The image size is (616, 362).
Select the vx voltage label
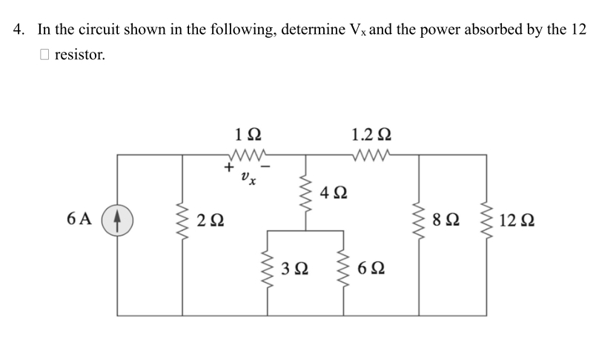(248, 178)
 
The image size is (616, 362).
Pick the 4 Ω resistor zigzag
(305, 192)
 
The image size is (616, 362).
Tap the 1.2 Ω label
(372, 135)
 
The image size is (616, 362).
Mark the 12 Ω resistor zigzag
(487, 221)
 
